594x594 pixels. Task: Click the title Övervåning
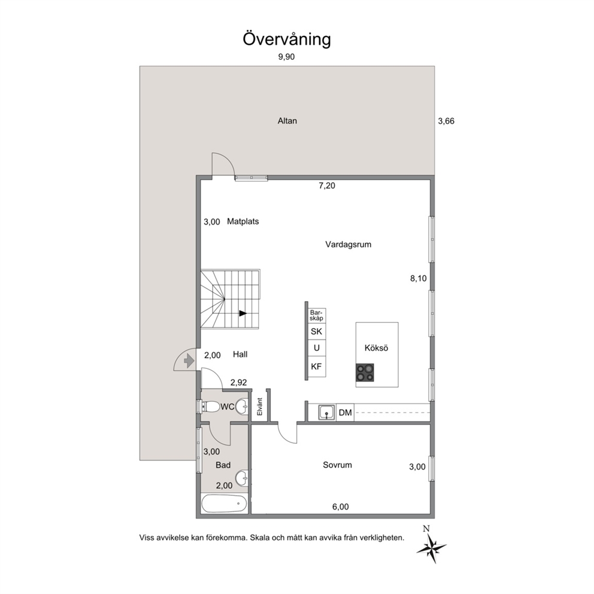287,40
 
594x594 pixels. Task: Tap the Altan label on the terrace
287,121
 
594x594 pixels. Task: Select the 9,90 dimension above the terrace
286,57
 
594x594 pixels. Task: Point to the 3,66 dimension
446,121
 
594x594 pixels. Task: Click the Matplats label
243,221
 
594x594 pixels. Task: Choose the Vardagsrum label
348,244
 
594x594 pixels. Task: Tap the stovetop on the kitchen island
365,372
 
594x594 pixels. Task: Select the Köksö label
376,348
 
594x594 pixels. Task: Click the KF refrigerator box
316,366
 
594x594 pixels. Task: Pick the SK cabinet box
316,332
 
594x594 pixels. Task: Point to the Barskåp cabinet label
316,315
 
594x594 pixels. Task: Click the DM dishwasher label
345,413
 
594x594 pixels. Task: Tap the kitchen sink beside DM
326,412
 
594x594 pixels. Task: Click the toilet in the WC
211,407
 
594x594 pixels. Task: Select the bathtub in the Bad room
225,504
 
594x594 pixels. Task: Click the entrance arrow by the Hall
189,360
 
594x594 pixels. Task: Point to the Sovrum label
337,465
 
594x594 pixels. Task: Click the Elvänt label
260,407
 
